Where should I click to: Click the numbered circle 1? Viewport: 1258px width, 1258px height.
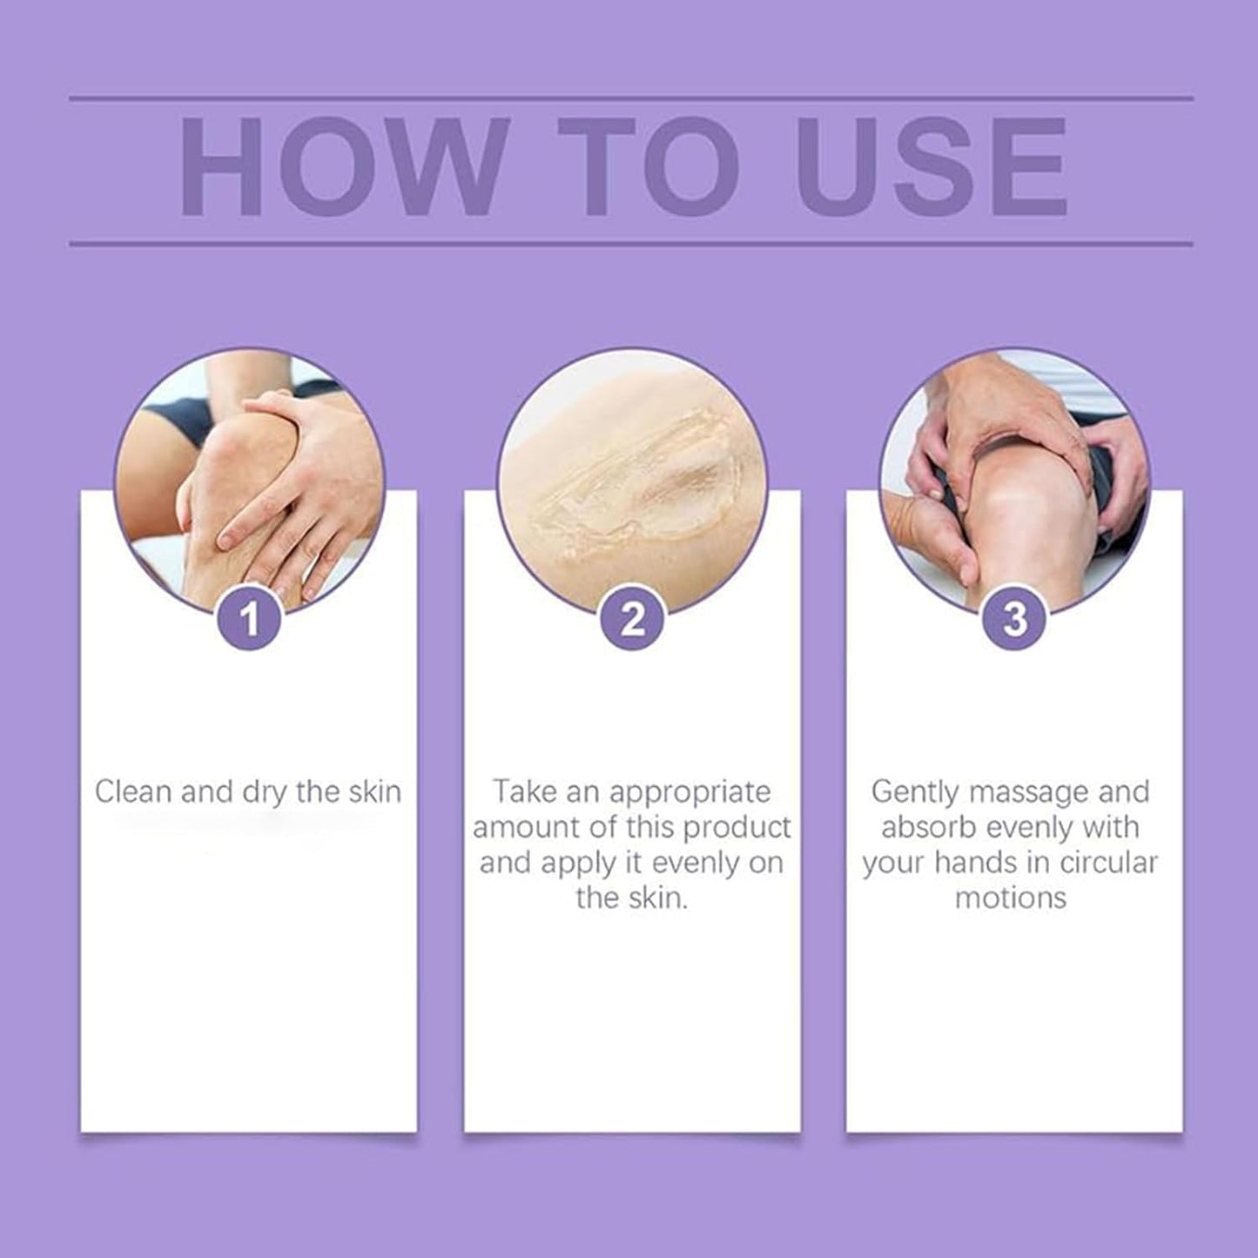[x=249, y=619]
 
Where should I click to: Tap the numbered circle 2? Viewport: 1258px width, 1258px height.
[x=632, y=619]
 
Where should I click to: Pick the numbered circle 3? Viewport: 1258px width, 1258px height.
[x=1014, y=619]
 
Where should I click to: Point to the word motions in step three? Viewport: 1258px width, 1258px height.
[x=1010, y=898]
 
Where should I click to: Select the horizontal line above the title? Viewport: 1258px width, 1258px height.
[x=630, y=98]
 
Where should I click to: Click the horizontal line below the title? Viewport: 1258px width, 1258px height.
[x=630, y=244]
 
